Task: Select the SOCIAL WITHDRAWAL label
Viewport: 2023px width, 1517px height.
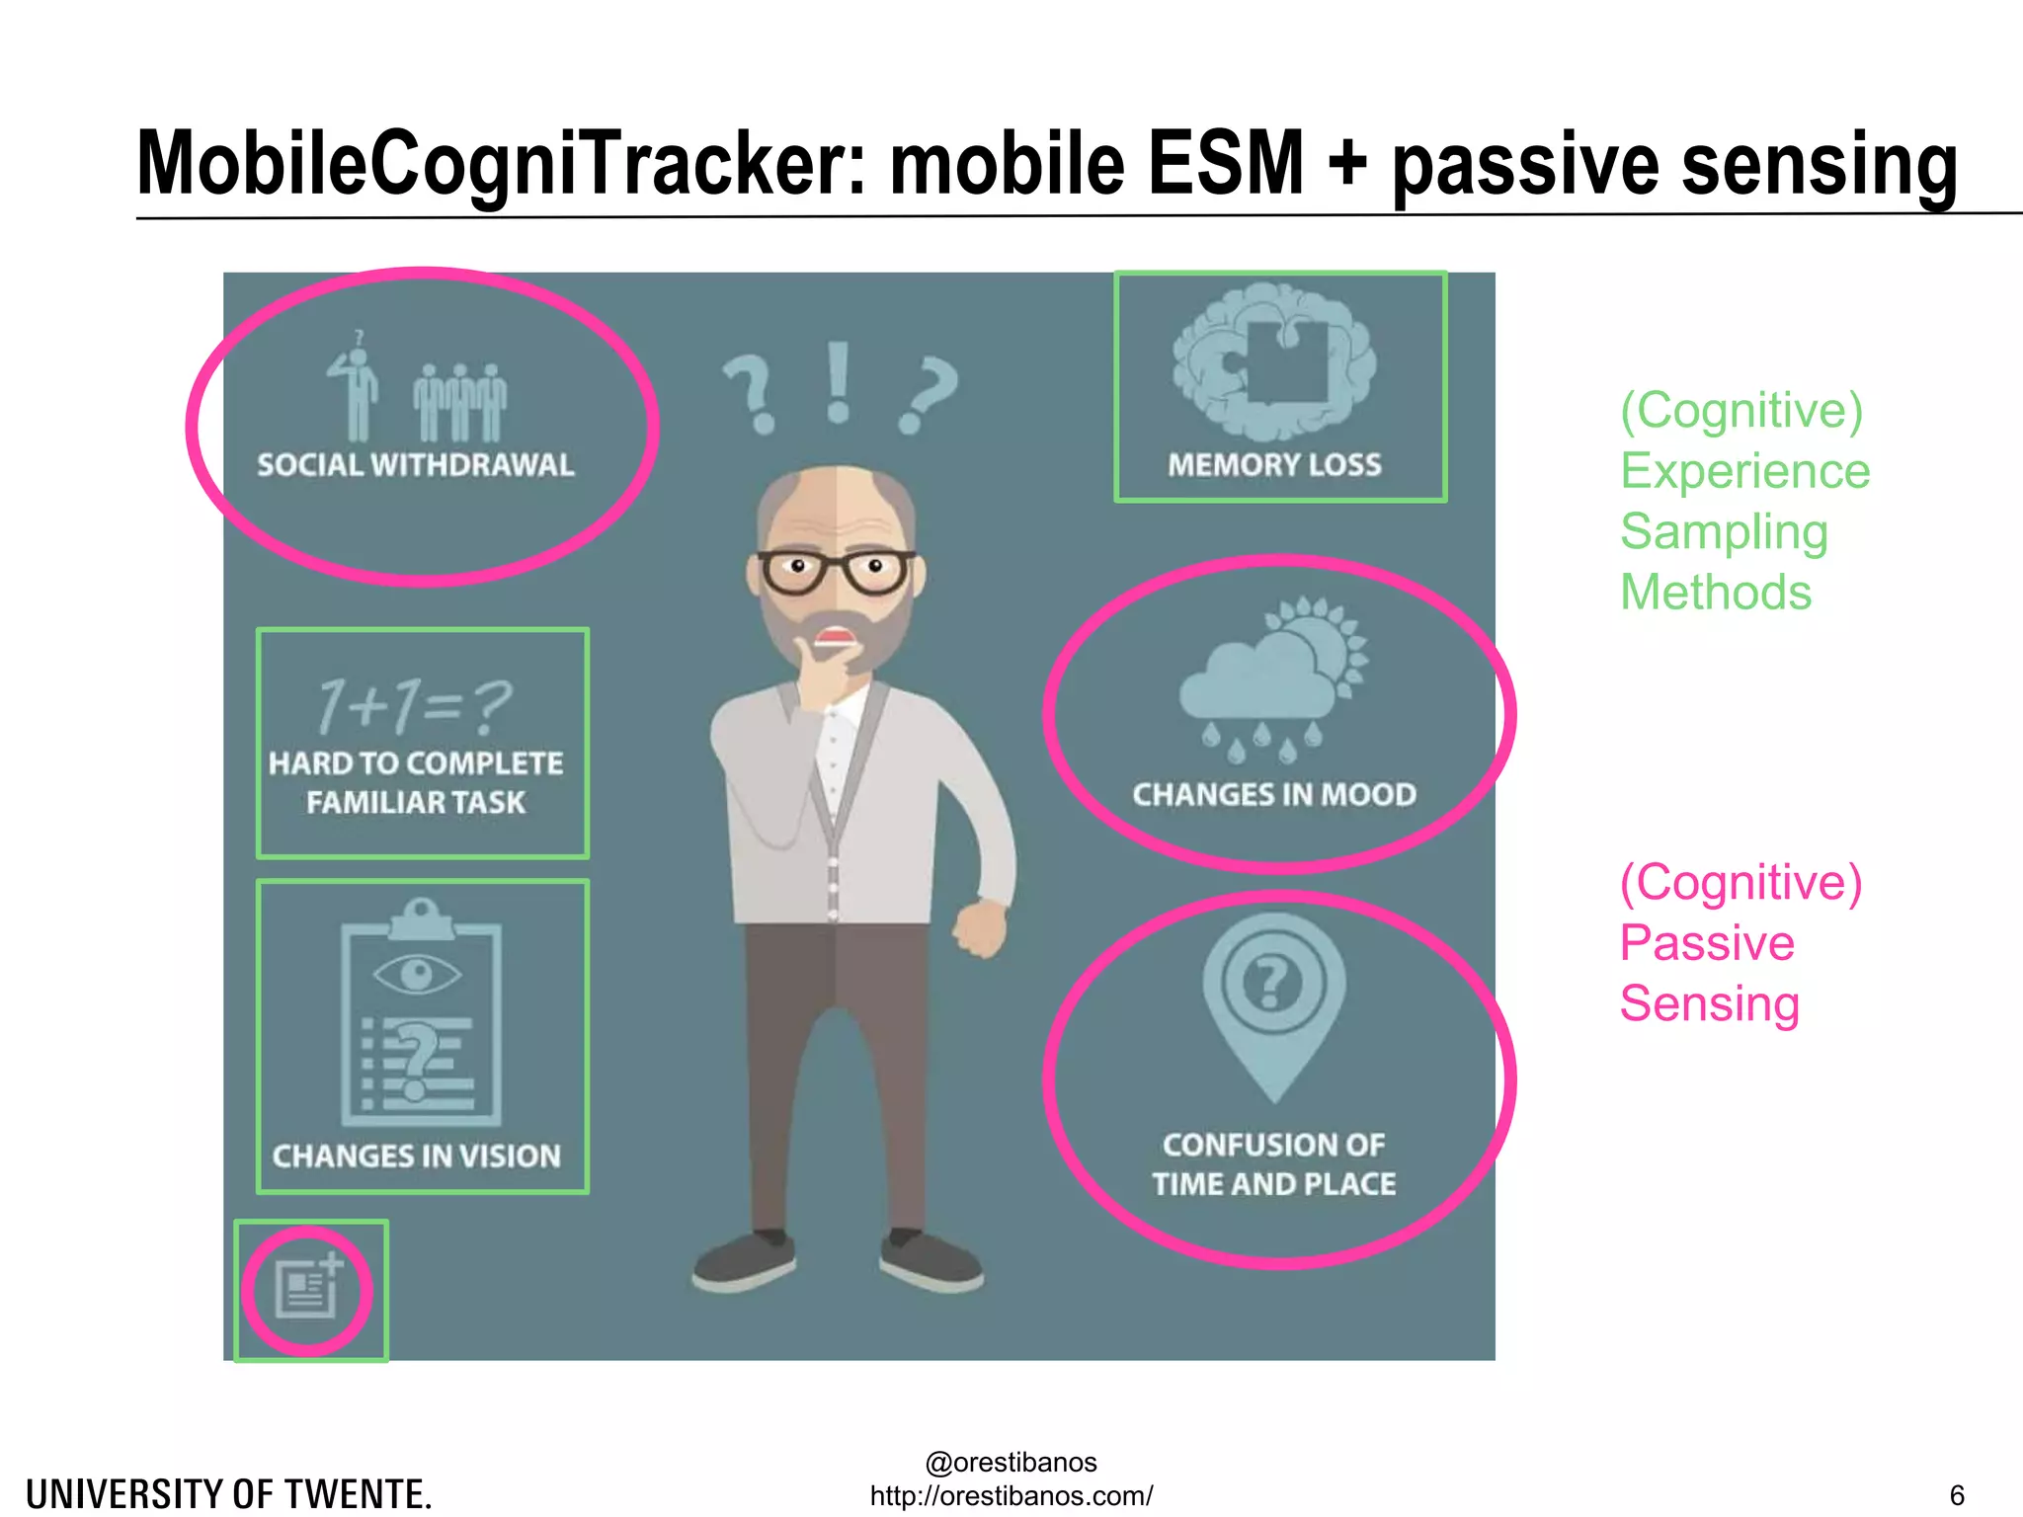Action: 415,465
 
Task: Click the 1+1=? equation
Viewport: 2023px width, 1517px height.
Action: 415,705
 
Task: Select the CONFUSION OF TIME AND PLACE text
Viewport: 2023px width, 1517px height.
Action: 1274,1164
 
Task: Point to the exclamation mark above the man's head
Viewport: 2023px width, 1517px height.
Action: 839,384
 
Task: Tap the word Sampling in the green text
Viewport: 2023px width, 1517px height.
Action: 1724,531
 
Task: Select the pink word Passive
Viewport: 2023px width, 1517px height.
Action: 1707,942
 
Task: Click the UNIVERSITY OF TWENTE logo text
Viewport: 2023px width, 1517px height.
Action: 229,1494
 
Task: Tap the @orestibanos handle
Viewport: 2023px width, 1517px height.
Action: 1011,1462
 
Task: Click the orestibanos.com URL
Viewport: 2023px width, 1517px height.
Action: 1011,1495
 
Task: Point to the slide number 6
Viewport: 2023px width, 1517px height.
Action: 1956,1495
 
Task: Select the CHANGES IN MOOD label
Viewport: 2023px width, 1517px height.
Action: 1274,794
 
